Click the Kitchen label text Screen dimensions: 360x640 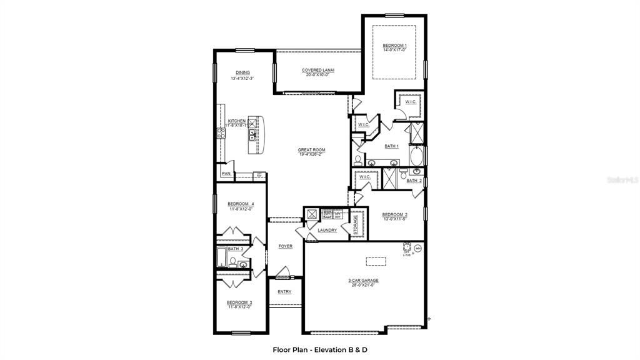[x=237, y=121]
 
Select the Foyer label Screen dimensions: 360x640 [x=285, y=246]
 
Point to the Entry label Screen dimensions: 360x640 [x=284, y=292]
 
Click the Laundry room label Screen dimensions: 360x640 [x=327, y=230]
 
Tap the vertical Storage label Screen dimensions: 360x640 [x=356, y=226]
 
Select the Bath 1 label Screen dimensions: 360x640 [x=391, y=146]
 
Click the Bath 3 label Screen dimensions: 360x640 [x=235, y=249]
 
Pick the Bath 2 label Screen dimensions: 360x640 [x=414, y=181]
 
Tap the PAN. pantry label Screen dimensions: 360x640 [x=226, y=173]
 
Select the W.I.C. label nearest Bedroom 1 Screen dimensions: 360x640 [x=411, y=101]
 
